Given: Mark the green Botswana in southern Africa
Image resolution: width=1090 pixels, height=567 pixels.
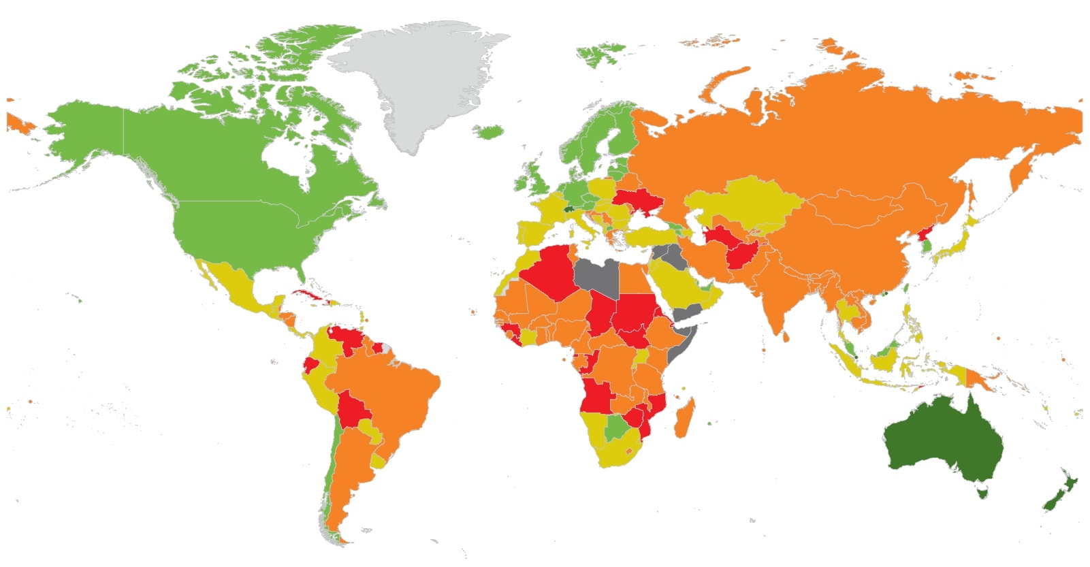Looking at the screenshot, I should [x=618, y=429].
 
